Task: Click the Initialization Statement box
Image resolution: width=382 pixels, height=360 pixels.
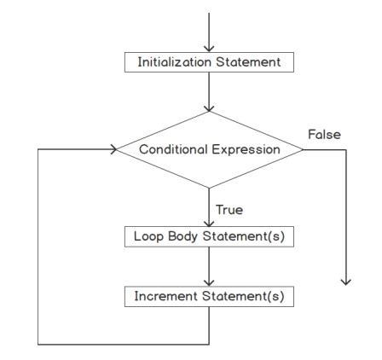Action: point(209,63)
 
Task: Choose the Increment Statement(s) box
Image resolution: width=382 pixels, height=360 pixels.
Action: point(209,296)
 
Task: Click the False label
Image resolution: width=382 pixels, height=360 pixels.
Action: point(323,135)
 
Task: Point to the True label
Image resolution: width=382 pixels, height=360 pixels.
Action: point(229,208)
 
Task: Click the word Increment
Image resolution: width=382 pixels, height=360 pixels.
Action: point(163,296)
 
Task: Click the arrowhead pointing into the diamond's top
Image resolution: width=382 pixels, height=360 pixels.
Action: point(209,107)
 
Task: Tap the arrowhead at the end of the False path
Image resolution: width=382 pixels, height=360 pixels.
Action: point(346,281)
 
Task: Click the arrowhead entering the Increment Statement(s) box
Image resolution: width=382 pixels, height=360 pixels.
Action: point(209,283)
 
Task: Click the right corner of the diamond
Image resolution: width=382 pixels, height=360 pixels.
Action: point(303,149)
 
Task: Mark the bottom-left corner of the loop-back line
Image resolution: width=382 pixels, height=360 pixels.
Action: point(38,344)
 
